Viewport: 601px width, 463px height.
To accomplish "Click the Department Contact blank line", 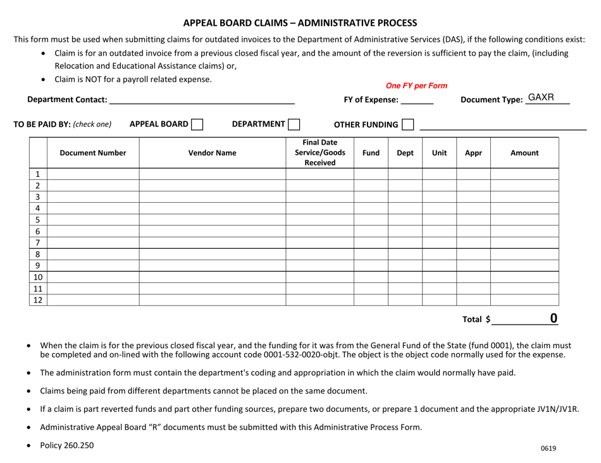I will [x=202, y=99].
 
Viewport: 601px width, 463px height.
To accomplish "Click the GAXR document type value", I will [x=541, y=97].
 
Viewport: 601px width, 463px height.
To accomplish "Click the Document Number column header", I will [x=93, y=153].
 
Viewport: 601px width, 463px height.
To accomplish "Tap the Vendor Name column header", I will [x=212, y=153].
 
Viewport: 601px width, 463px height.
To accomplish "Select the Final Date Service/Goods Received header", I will [x=319, y=153].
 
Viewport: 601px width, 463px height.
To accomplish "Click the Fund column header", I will [x=371, y=153].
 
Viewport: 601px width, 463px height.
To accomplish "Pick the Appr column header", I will [x=473, y=153].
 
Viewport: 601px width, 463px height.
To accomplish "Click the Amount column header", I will [x=524, y=153].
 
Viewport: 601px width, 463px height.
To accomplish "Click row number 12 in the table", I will [x=37, y=300].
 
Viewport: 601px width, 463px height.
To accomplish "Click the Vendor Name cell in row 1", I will [x=212, y=174].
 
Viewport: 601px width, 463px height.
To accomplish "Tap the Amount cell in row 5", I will [x=524, y=220].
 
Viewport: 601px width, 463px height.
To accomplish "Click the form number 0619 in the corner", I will [x=548, y=448].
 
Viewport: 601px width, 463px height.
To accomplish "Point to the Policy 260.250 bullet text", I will [x=66, y=445].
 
